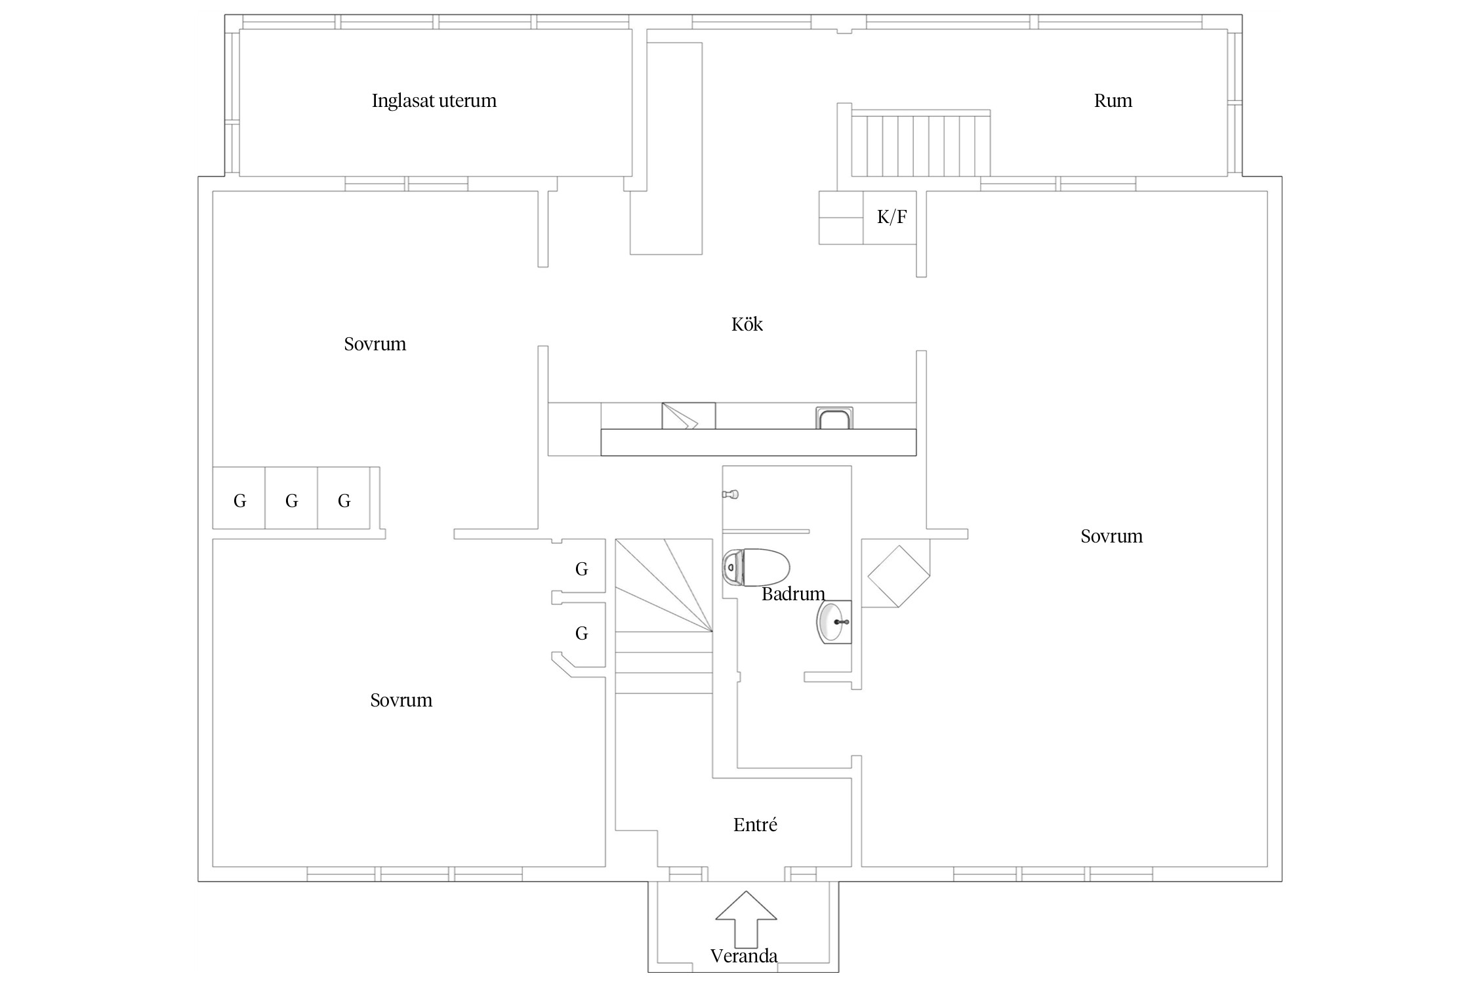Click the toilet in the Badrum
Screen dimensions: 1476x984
(x=756, y=567)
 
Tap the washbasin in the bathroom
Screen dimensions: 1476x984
(x=834, y=621)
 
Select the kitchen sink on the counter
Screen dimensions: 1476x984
(x=834, y=418)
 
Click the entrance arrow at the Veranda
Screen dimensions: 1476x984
(x=746, y=919)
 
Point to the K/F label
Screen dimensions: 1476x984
(x=892, y=216)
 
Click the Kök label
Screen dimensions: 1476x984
(x=747, y=324)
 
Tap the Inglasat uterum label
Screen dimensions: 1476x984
(x=434, y=100)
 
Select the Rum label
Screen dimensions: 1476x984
(x=1113, y=100)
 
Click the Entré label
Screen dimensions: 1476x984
(x=755, y=825)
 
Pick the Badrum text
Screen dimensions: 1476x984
(x=793, y=594)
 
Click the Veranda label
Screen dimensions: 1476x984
(x=744, y=956)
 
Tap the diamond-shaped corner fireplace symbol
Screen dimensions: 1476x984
(x=899, y=576)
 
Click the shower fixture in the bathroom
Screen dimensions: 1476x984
(x=731, y=494)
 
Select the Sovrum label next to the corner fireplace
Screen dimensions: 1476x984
(x=1112, y=536)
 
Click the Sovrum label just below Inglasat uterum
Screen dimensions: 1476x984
(x=375, y=344)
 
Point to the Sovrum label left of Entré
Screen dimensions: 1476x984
(x=401, y=700)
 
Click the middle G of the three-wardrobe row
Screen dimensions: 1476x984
(x=292, y=501)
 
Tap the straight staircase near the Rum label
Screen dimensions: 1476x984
(x=921, y=144)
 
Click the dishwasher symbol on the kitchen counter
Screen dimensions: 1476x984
(x=688, y=416)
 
